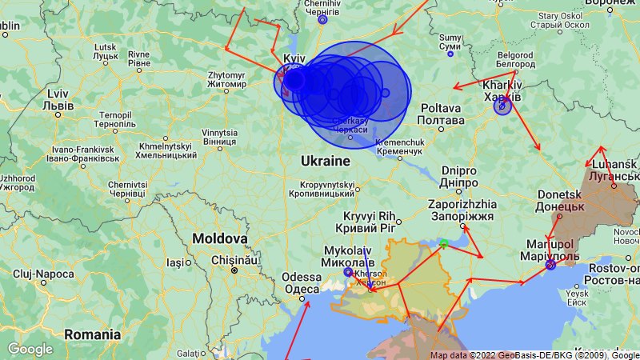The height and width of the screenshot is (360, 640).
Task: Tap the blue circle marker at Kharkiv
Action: pos(502,106)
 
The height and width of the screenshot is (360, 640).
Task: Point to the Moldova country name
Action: pos(219,239)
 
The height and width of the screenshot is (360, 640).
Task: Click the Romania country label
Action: pos(91,334)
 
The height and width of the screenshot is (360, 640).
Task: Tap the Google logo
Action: pos(30,349)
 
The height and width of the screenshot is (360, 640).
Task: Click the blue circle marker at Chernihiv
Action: pos(322,20)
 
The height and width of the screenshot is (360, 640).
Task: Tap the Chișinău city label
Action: pos(232,260)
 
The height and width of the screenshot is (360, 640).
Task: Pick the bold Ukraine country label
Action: pos(326,162)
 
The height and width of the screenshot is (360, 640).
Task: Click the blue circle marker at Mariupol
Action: pos(550,265)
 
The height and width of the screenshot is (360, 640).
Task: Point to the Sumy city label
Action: pos(450,42)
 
